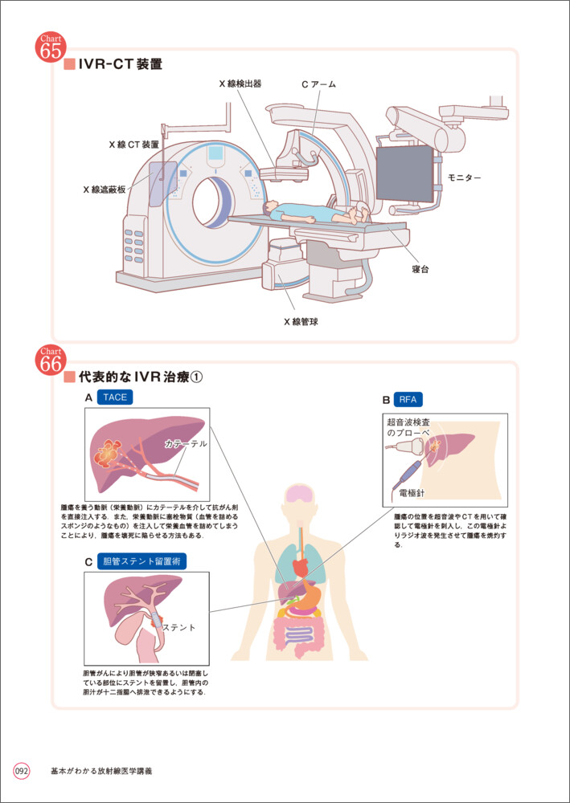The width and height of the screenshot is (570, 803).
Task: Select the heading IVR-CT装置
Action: tap(120, 65)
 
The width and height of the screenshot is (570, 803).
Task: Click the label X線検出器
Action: tap(240, 84)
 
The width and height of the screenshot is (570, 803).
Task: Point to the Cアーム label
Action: tap(318, 84)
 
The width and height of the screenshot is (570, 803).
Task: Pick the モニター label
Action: tap(465, 177)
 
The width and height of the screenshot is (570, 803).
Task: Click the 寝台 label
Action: tap(420, 270)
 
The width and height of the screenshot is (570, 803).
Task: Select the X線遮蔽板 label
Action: tap(105, 190)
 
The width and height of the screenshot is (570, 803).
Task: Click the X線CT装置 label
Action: tap(133, 145)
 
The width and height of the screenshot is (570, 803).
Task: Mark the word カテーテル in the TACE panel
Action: tap(186, 443)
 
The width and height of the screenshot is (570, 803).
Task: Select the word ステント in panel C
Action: tap(179, 626)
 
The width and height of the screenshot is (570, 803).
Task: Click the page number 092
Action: tap(22, 771)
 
